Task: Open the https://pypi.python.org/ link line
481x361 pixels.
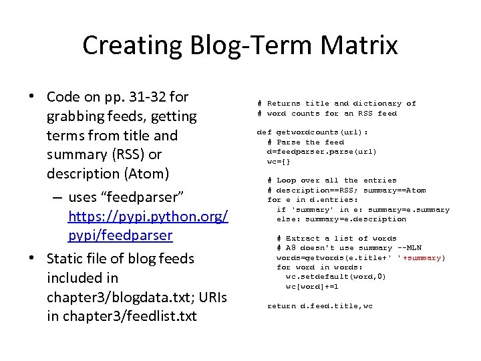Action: click(148, 217)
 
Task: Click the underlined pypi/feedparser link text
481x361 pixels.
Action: click(120, 236)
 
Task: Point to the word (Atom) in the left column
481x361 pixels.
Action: click(148, 173)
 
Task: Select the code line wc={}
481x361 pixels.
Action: click(279, 161)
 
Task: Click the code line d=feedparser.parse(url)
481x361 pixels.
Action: click(321, 152)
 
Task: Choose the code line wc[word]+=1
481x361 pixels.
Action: click(312, 286)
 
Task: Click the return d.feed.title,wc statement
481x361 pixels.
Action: click(321, 306)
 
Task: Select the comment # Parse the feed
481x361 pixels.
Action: click(305, 142)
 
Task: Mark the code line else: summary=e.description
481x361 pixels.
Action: click(341, 219)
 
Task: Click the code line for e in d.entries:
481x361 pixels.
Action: click(312, 199)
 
